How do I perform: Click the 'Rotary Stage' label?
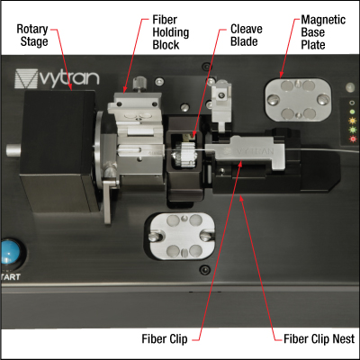32,35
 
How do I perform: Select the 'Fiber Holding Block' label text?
171,32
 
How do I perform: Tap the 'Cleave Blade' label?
247,35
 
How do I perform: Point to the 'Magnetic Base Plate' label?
323,32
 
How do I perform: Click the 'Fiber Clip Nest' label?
319,339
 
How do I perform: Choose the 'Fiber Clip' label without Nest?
165,339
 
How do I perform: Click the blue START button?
10,251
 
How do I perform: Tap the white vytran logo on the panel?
57,78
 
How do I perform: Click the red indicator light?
353,139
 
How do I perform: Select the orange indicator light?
353,121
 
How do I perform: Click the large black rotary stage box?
58,150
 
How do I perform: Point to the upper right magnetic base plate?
298,100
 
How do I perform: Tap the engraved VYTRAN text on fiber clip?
250,151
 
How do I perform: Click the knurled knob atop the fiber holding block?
139,85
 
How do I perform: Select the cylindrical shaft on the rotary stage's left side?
13,150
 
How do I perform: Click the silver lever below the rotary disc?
108,200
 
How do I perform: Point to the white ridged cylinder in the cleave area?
184,154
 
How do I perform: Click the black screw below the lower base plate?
205,270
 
